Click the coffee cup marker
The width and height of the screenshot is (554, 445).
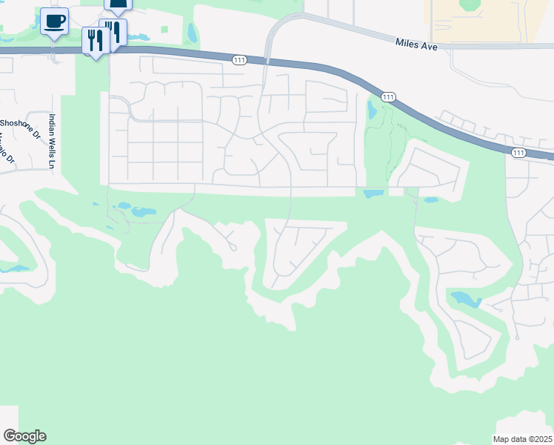(53, 21)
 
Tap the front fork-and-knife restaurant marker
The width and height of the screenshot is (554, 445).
(95, 40)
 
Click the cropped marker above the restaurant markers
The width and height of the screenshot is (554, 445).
(119, 4)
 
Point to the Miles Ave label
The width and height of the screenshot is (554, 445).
(416, 46)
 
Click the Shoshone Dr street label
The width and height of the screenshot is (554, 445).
(20, 123)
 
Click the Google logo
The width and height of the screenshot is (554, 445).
(24, 436)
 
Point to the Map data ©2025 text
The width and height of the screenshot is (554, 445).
(522, 439)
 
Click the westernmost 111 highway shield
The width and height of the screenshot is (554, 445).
(239, 60)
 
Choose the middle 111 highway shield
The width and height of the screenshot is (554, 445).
(388, 97)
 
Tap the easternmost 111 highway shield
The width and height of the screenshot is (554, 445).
(518, 152)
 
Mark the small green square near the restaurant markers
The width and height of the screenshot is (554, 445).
(164, 30)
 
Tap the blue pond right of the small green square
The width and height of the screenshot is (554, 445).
(193, 33)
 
